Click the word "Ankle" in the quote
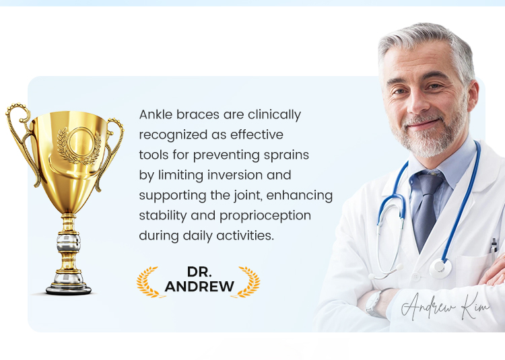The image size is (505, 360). [156, 114]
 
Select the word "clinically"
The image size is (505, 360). [275, 115]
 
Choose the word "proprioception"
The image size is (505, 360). [265, 216]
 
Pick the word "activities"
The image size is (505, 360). [245, 236]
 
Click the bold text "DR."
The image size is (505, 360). [199, 272]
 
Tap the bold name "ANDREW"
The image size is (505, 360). [199, 287]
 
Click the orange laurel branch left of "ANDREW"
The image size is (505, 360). [147, 282]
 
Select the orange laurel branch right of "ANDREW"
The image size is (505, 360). [249, 282]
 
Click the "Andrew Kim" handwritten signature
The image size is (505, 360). [446, 306]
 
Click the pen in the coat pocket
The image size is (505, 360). [494, 247]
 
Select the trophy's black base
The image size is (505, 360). [69, 290]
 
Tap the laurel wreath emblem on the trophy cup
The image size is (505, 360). [79, 145]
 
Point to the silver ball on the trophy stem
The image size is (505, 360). [69, 243]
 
